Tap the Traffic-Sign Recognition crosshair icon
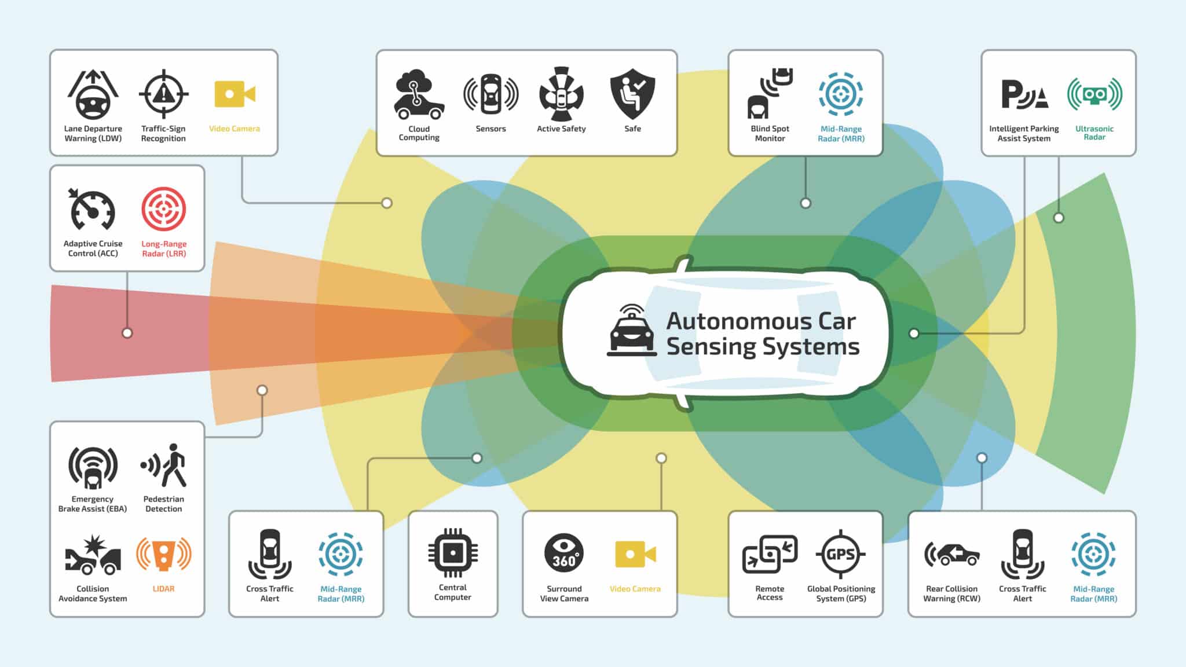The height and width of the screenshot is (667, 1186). click(x=164, y=94)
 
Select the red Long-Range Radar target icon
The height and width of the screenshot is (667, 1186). click(x=164, y=209)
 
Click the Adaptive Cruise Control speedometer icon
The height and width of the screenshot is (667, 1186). click(x=93, y=210)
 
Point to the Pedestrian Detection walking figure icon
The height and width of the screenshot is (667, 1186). click(x=164, y=466)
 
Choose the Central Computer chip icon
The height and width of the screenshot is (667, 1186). click(x=453, y=553)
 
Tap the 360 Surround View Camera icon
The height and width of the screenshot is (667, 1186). click(x=564, y=553)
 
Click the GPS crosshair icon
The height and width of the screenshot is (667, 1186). click(x=841, y=554)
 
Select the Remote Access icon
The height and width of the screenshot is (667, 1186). click(x=770, y=554)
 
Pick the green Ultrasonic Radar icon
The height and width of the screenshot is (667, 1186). click(x=1095, y=94)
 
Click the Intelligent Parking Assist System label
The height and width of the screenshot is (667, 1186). click(x=1024, y=133)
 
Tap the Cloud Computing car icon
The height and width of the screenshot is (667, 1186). click(x=419, y=95)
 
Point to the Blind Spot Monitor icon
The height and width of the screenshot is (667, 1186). click(x=770, y=94)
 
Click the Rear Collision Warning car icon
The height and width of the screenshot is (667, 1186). click(x=952, y=554)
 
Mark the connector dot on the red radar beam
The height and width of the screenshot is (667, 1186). click(x=127, y=333)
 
